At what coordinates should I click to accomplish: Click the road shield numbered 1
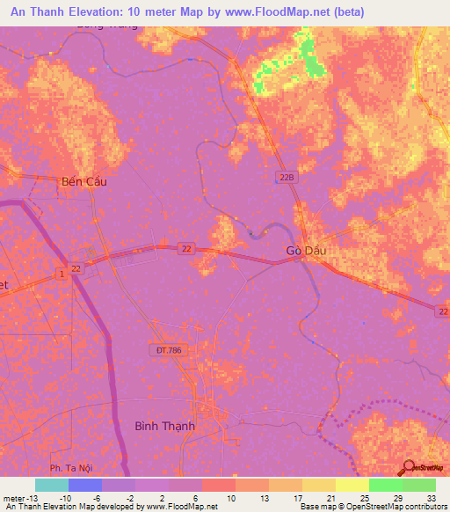(62, 276)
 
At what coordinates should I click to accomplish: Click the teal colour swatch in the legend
(52, 485)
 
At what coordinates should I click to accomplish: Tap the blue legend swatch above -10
(85, 485)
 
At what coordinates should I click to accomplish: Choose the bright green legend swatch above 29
(385, 485)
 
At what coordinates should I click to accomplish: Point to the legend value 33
(430, 498)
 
